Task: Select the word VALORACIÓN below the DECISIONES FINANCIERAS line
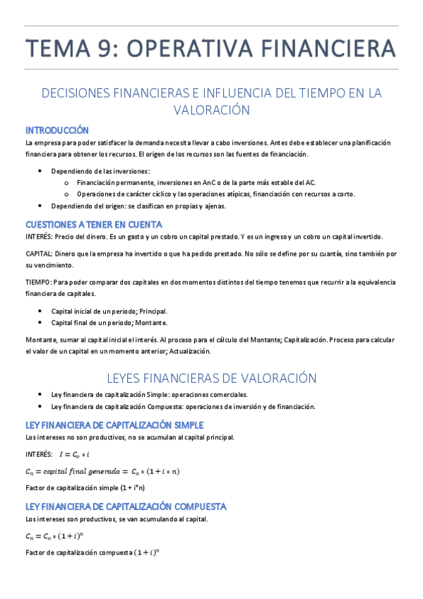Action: (212, 110)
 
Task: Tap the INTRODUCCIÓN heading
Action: (57, 130)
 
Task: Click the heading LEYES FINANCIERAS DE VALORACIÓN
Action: (211, 378)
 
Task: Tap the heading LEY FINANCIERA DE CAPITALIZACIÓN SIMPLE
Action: (114, 425)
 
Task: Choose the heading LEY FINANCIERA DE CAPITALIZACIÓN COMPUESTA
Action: (126, 506)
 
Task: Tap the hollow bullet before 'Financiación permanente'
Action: (66, 182)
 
